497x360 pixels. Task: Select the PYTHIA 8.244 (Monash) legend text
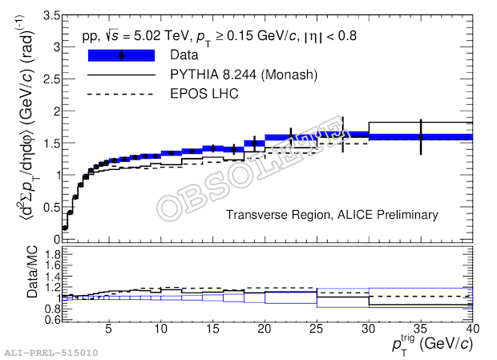[x=240, y=75]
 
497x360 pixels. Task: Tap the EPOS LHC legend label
[x=204, y=94]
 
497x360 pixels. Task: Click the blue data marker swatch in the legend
[x=120, y=55]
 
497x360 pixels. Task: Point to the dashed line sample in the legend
[x=120, y=94]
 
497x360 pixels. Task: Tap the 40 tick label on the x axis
[x=471, y=329]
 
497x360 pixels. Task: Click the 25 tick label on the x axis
[x=317, y=329]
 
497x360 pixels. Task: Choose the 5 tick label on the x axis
[x=110, y=329]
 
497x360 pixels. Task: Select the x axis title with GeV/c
[x=432, y=344]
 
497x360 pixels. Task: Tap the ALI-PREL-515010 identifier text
[x=51, y=352]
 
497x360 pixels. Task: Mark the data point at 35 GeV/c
[x=420, y=137]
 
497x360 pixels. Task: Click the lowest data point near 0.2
[x=65, y=228]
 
